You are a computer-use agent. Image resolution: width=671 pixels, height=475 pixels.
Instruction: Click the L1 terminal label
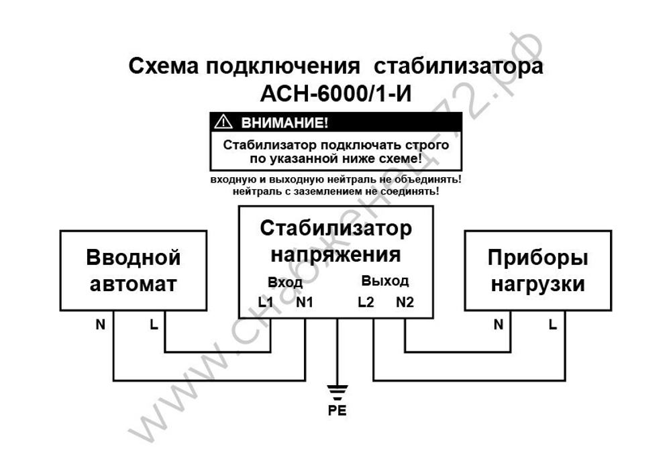tap(266, 303)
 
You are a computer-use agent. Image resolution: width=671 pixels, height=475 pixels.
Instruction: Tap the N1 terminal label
tap(305, 303)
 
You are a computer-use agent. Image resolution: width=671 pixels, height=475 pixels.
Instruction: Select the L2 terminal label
tap(366, 303)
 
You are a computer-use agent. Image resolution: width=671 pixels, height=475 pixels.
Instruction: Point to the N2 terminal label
tap(405, 303)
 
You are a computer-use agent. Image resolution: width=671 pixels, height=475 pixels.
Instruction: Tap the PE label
tap(337, 411)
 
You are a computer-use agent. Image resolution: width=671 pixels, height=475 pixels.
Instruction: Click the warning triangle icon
tap(221, 123)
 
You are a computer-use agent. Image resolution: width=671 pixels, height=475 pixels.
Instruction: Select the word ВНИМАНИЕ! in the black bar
tap(280, 123)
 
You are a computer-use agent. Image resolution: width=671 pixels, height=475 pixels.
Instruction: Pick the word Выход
tap(385, 280)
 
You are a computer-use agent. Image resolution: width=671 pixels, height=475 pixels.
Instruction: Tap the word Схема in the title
tap(163, 67)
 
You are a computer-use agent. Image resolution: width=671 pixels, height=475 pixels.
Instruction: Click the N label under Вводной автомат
tap(101, 325)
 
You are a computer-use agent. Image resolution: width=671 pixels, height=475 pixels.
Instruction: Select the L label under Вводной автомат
tap(154, 325)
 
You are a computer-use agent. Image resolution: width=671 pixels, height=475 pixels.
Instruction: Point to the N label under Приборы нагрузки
tap(499, 325)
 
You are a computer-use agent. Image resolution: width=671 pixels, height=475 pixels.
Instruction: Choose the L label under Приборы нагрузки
tap(552, 325)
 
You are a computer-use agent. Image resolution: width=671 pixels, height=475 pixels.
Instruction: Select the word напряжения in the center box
tap(335, 255)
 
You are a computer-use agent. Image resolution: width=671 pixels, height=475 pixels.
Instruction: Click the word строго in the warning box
tap(427, 145)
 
